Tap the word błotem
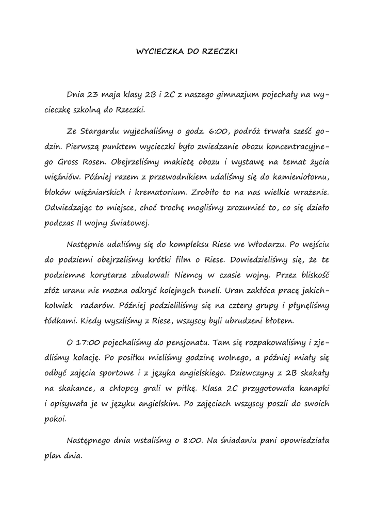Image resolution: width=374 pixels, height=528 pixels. (278, 321)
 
